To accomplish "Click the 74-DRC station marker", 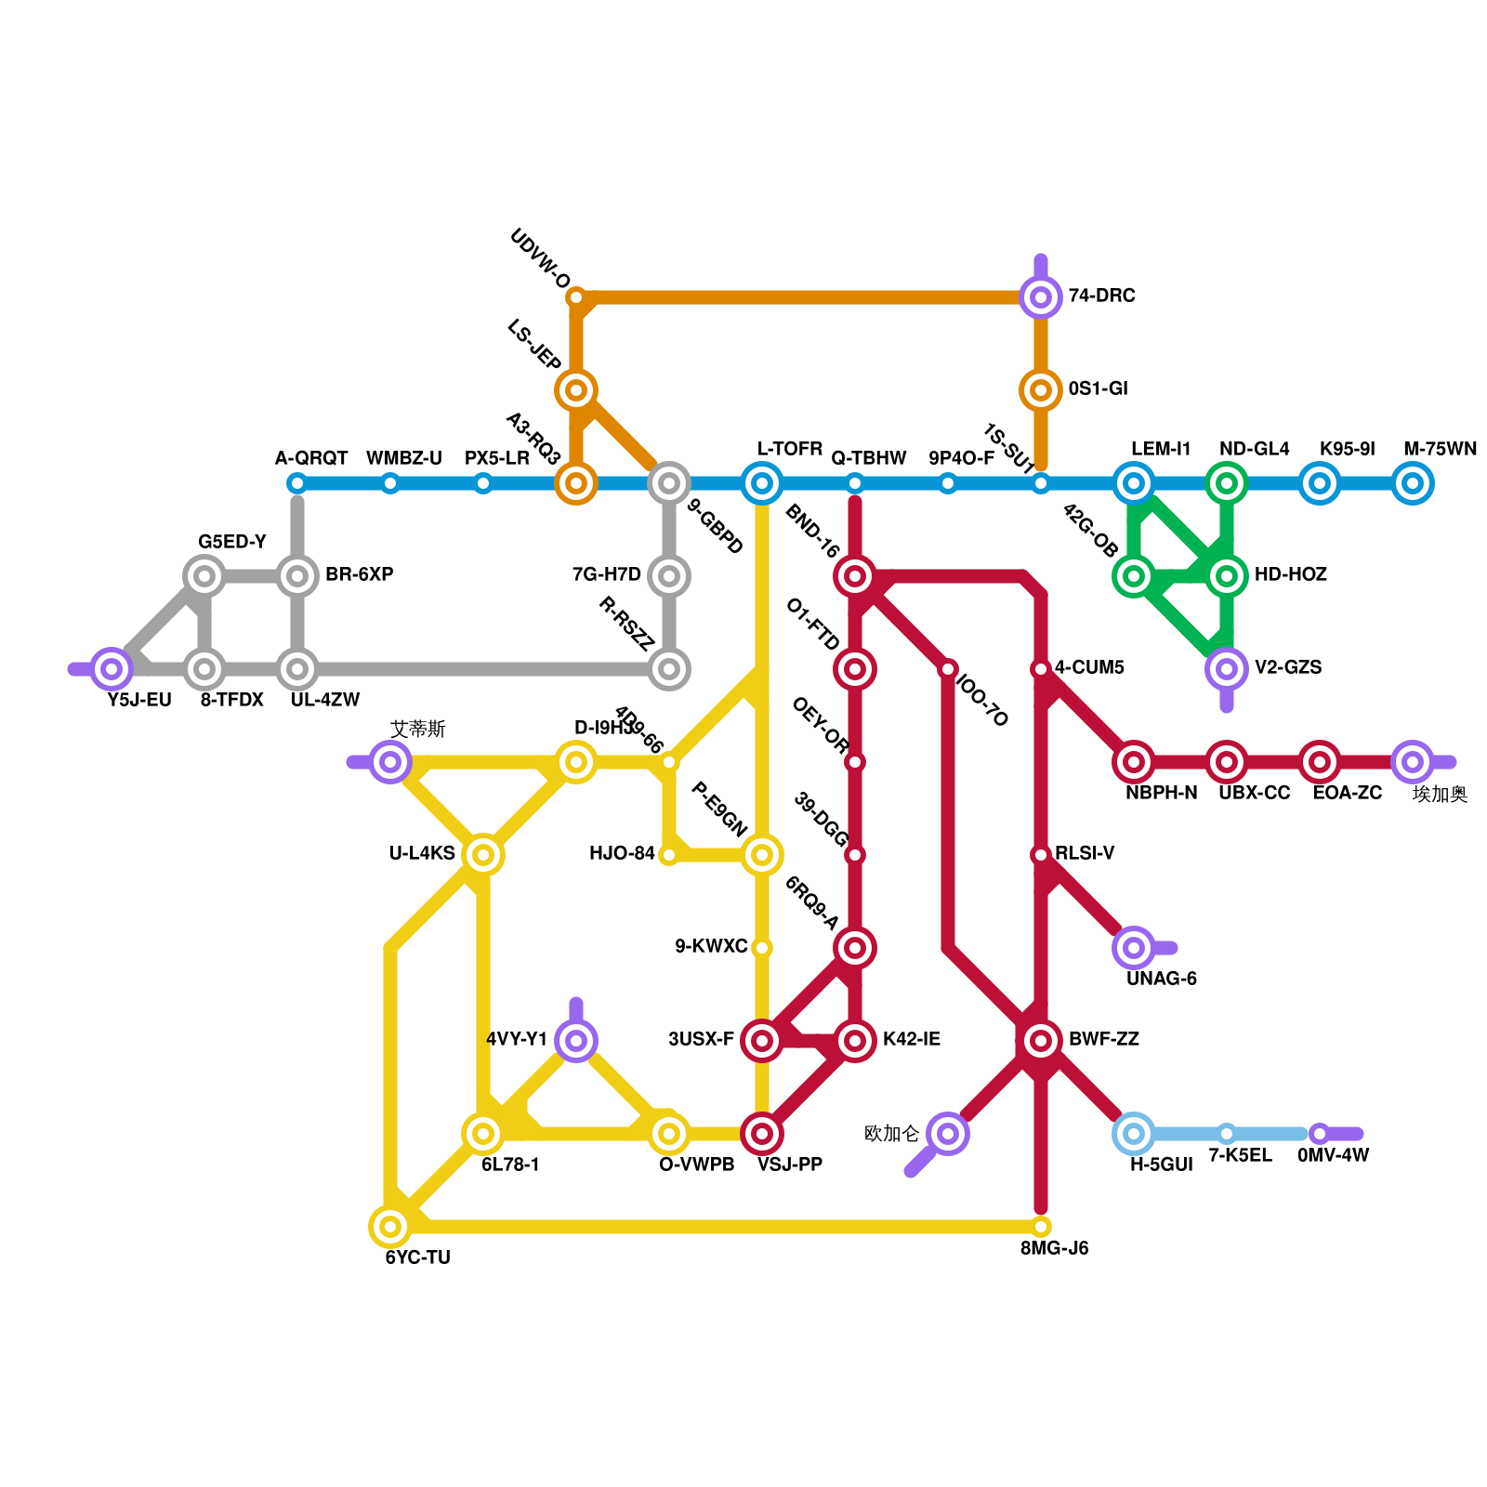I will [1041, 297].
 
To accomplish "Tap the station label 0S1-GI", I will [1098, 388].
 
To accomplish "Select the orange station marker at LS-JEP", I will [576, 390].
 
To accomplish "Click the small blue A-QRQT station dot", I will [297, 483].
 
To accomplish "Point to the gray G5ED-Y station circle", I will [204, 576].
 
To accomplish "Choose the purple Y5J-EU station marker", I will [112, 669].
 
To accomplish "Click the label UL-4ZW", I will [324, 700].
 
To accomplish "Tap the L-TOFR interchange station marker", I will [762, 483].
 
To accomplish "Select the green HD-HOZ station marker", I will [1227, 576].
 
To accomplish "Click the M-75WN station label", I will [1440, 450].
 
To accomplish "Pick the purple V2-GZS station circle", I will [1227, 669].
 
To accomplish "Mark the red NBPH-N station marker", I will [1134, 762].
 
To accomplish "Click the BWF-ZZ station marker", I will [1041, 1041].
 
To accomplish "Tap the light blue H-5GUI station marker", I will [1134, 1134].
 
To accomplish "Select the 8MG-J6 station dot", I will [1041, 1227].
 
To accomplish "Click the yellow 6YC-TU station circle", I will [390, 1227].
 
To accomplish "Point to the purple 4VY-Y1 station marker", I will [576, 1041].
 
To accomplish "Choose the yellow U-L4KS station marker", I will [483, 855].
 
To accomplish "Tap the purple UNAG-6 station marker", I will [1134, 948].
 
